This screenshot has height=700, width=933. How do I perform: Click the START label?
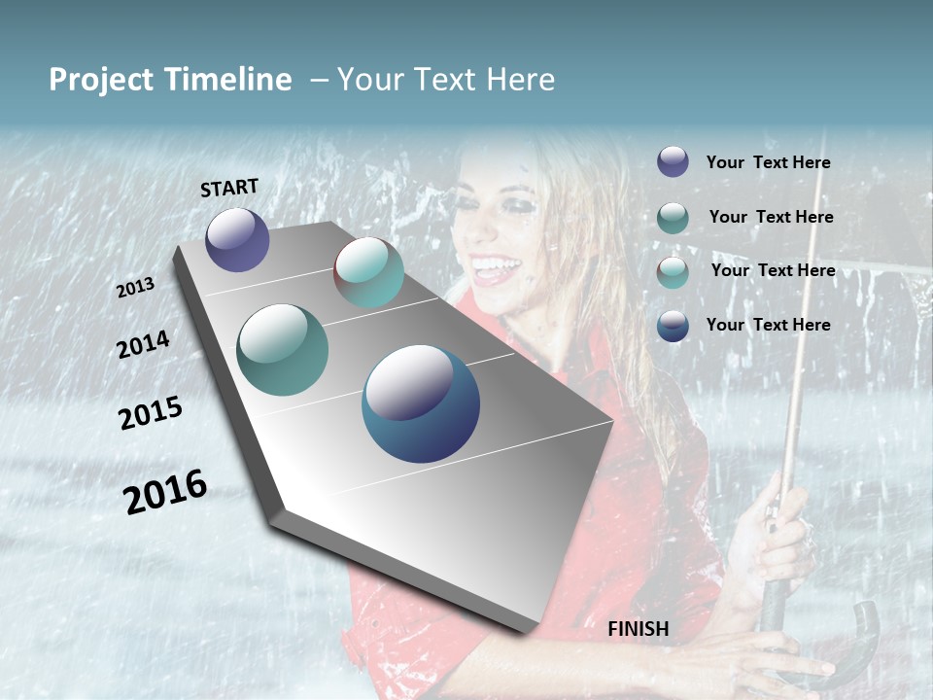[x=229, y=188]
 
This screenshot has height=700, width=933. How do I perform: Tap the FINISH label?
[x=639, y=629]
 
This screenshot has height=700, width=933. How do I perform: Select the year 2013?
[x=135, y=288]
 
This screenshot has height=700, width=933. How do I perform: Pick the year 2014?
[x=143, y=344]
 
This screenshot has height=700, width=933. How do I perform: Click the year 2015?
[x=151, y=413]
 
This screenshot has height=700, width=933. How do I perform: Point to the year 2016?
[x=165, y=491]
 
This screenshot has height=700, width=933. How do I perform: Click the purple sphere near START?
[x=237, y=239]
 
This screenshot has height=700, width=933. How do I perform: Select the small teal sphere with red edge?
[x=368, y=272]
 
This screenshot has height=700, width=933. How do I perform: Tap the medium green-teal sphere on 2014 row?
[x=282, y=350]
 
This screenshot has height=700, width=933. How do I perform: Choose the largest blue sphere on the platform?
[x=421, y=403]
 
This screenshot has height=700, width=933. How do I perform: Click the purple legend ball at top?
[x=673, y=162]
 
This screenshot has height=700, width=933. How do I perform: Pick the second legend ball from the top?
[x=673, y=218]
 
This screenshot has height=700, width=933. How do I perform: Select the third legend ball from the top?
[x=673, y=272]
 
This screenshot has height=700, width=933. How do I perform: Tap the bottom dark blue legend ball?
[x=673, y=326]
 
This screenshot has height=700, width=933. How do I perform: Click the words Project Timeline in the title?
[x=170, y=80]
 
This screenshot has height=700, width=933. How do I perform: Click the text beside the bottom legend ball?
[x=768, y=325]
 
